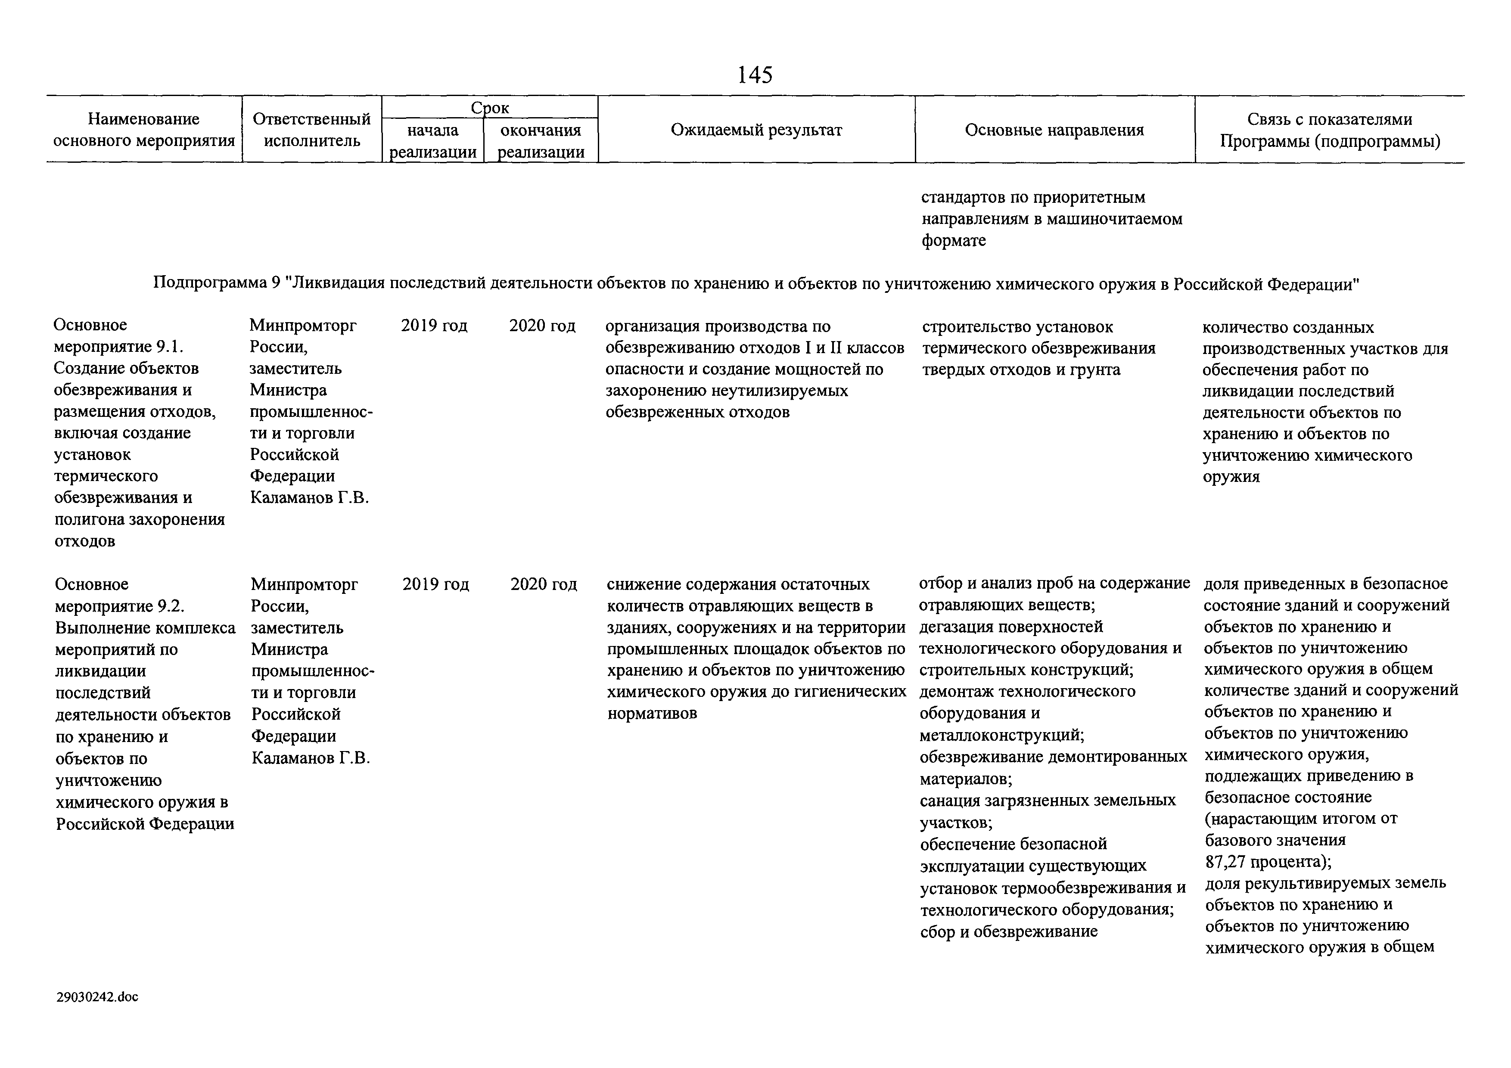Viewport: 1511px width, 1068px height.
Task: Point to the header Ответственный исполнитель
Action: click(312, 130)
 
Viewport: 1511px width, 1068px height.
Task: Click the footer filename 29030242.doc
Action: click(97, 997)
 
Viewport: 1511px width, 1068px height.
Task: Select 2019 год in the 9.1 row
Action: click(434, 326)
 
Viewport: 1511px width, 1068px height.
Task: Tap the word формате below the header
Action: click(954, 241)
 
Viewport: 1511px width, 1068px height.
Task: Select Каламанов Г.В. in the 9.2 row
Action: click(311, 758)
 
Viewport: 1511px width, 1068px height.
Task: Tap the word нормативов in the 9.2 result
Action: click(652, 713)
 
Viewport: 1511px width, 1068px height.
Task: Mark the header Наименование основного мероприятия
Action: click(143, 130)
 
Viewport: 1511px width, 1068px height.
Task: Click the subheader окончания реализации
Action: click(541, 141)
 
